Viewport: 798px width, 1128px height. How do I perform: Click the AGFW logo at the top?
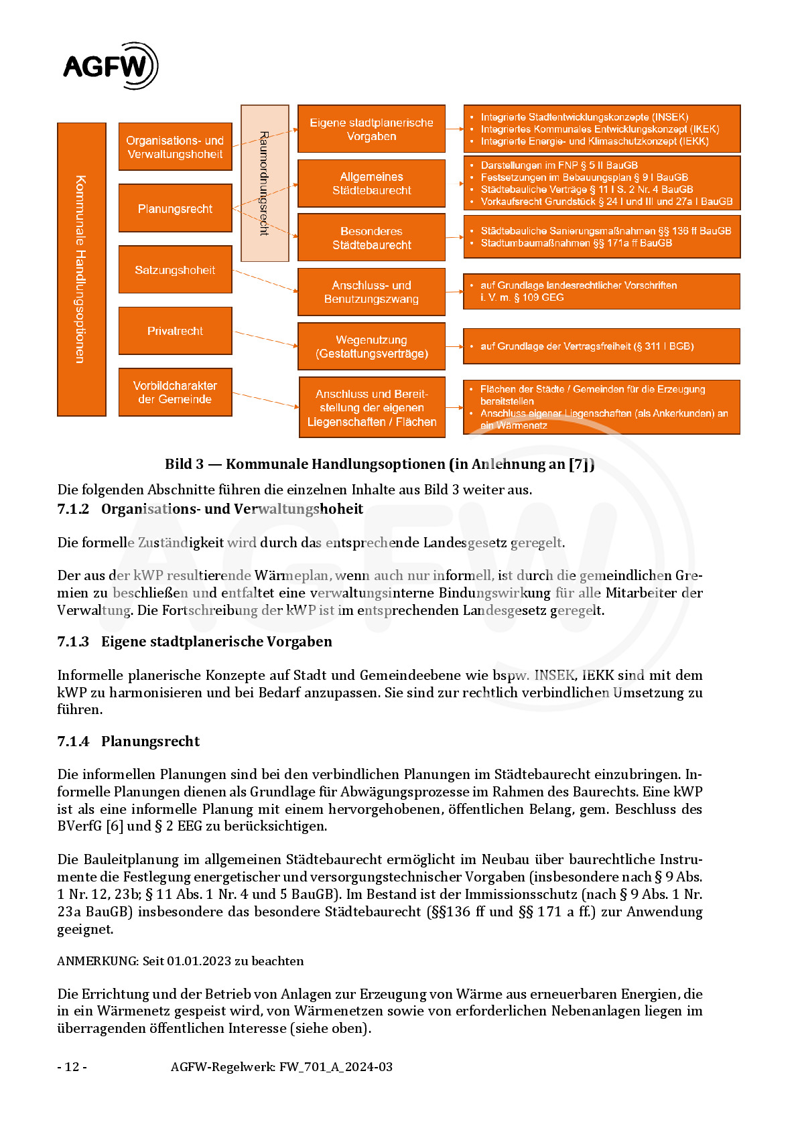[x=110, y=66]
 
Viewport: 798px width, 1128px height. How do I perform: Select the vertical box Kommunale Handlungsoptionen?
[x=82, y=269]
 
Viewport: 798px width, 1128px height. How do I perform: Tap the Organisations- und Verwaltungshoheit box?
[x=175, y=147]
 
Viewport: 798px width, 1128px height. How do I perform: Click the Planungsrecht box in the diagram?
[x=175, y=209]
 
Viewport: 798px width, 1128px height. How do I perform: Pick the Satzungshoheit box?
[x=175, y=270]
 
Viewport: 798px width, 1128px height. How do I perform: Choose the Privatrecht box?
[x=175, y=331]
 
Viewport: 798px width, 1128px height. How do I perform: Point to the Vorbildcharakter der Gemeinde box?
[x=175, y=393]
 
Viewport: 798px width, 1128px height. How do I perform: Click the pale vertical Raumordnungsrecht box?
[x=265, y=183]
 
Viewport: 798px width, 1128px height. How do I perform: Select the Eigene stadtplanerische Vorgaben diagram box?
[x=371, y=129]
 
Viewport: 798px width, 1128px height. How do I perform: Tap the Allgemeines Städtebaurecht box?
[x=371, y=184]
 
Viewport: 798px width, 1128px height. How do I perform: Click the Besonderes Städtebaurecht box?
[x=371, y=238]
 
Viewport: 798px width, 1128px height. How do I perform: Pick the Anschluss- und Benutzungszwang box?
[x=371, y=292]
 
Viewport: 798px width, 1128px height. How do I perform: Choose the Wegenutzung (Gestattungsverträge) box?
[x=371, y=347]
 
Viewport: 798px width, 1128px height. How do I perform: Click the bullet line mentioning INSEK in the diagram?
[x=584, y=117]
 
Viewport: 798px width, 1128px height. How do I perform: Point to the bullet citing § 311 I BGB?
[x=587, y=346]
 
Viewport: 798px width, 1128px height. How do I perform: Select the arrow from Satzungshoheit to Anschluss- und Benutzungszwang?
[x=265, y=281]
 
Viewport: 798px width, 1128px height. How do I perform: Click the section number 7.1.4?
[x=73, y=742]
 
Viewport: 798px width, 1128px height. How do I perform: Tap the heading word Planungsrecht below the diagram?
[x=150, y=742]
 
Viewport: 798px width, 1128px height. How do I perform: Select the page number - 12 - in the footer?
[x=72, y=1067]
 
